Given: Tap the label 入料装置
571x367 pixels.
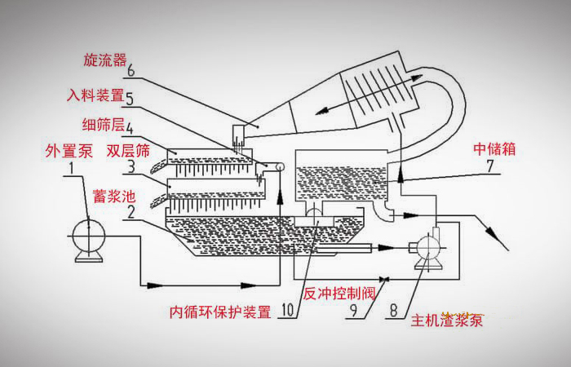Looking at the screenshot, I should point(96,95).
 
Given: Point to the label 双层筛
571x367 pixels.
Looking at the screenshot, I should point(129,152).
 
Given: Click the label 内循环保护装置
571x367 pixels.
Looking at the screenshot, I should point(219,312).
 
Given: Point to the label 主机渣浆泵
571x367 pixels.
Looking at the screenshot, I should point(446,320).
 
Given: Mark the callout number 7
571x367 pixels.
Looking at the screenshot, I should point(489,167).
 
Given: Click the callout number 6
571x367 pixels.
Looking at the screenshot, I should point(131,71).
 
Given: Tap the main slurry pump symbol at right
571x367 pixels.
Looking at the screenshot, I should point(427,247).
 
